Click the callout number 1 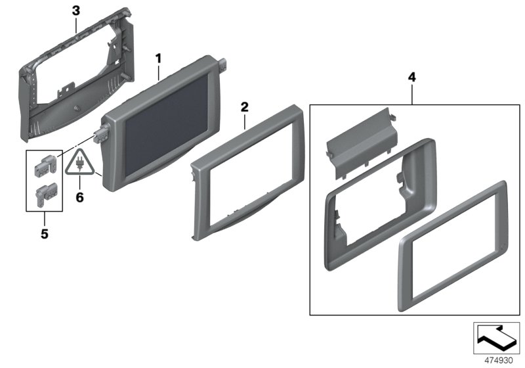coord(157,58)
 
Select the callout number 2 coord(244,106)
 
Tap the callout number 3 coord(75,11)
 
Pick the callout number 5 coord(44,232)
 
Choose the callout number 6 coord(80,196)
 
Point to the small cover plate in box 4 coord(358,145)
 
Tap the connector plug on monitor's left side coord(101,135)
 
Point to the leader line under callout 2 coord(245,119)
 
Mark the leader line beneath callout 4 coord(411,93)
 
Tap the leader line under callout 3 coord(76,26)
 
